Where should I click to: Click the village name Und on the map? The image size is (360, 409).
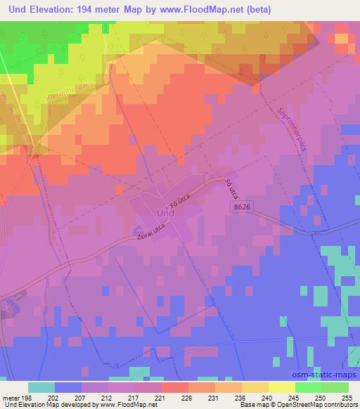165,212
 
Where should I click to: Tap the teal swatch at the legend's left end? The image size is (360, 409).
41,387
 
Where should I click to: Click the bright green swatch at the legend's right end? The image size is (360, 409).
335,387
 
